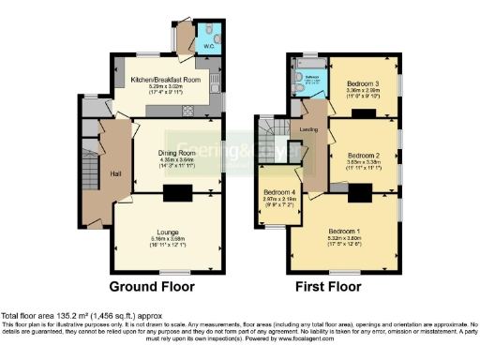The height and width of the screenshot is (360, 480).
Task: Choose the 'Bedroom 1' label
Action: click(348, 230)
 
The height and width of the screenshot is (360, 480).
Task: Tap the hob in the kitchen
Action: click(187, 111)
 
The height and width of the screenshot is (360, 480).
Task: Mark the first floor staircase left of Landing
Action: click(271, 131)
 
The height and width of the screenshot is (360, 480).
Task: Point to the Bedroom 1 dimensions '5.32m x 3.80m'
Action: click(348, 237)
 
